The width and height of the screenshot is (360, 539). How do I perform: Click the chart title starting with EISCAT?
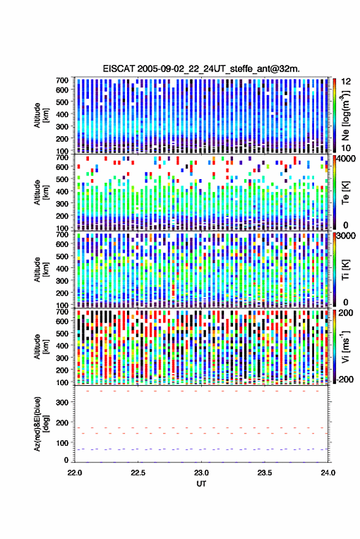201,69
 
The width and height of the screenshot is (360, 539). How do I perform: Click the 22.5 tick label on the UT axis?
138,473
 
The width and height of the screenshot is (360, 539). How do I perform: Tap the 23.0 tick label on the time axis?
201,473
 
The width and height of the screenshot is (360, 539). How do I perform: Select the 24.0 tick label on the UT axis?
327,473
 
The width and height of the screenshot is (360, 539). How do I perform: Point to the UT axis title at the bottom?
201,484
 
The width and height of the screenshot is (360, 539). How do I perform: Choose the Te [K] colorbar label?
345,193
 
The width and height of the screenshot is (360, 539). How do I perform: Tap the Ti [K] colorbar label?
345,270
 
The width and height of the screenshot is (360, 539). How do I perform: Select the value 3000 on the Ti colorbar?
346,235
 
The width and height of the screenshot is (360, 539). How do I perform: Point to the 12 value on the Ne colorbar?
346,82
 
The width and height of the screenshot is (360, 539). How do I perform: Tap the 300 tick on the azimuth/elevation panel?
62,402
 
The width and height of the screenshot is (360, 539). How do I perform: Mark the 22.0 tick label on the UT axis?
75,473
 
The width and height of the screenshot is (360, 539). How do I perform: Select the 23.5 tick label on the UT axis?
264,473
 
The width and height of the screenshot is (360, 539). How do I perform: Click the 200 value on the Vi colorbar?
346,313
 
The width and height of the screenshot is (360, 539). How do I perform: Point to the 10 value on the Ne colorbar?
346,148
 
